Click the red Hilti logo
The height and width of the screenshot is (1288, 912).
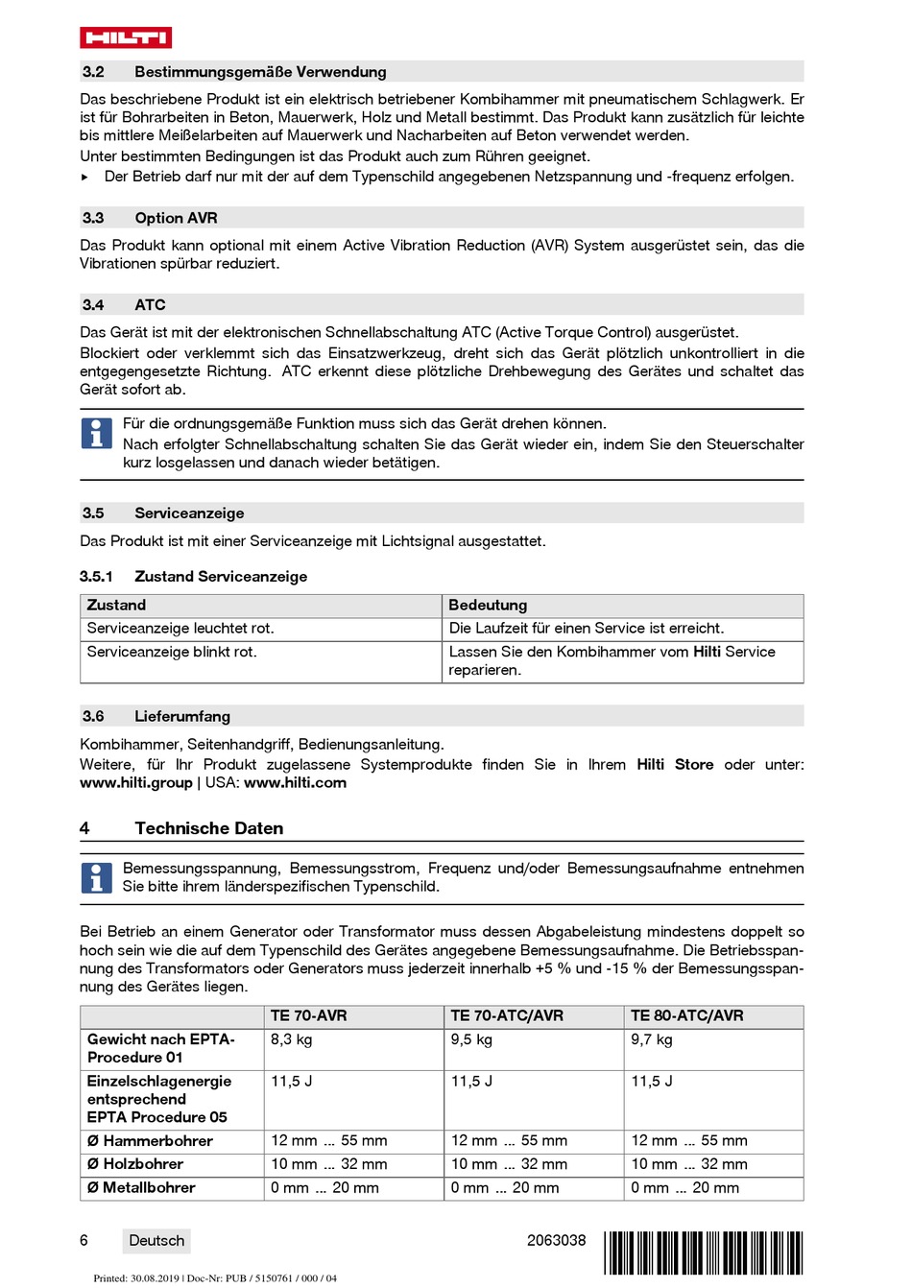tap(125, 37)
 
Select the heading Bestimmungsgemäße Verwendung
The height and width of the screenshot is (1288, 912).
tap(260, 72)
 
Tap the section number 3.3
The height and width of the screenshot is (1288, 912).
tap(93, 218)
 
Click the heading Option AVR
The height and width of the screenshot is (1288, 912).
tap(176, 218)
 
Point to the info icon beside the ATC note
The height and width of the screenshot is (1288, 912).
tap(96, 434)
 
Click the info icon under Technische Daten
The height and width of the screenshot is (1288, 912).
tap(96, 878)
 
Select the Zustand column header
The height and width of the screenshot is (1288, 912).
tap(116, 606)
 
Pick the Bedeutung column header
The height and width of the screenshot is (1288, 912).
tap(488, 606)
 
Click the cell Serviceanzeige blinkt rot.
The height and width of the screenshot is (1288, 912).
tap(172, 652)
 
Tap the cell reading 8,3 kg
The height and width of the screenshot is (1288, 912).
tap(291, 1039)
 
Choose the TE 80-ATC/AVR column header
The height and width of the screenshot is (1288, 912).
tap(686, 1015)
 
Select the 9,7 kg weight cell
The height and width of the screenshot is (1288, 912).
tap(652, 1039)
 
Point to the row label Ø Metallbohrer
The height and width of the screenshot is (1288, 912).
tap(141, 1188)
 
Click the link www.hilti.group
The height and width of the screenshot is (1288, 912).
tap(136, 783)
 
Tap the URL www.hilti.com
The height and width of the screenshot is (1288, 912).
tap(295, 783)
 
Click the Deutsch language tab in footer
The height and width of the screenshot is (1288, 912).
tap(156, 1241)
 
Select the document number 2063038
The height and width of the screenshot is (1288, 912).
tap(556, 1240)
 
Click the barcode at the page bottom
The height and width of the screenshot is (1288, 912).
tap(704, 1252)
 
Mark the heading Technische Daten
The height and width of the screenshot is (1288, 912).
tap(208, 828)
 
